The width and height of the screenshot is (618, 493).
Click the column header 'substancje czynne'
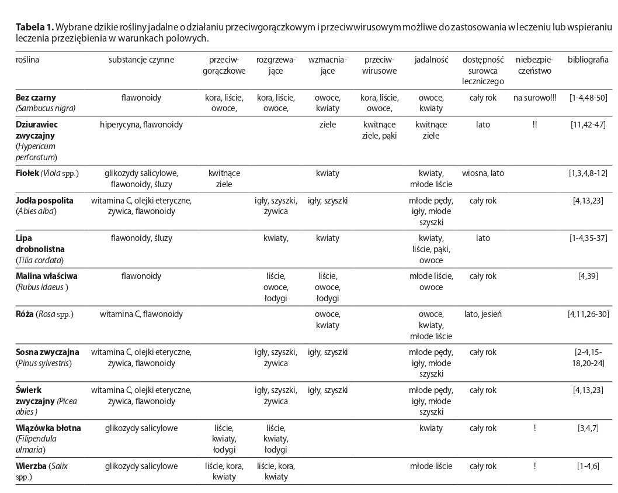click(x=141, y=60)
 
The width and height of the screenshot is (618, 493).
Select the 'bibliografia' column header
click(x=588, y=60)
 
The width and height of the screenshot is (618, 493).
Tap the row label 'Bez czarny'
click(x=36, y=98)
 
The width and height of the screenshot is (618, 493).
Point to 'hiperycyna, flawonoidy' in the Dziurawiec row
click(x=141, y=125)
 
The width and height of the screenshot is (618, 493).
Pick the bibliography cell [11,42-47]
click(x=588, y=125)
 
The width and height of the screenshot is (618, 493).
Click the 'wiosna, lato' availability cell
click(x=482, y=174)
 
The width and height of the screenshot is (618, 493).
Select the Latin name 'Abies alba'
click(x=37, y=211)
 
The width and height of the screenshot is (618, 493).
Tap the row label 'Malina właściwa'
click(x=47, y=276)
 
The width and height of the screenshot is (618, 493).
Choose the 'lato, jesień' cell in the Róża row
click(x=482, y=314)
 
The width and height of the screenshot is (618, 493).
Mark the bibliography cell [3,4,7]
click(x=588, y=428)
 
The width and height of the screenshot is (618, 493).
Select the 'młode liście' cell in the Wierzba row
click(x=431, y=466)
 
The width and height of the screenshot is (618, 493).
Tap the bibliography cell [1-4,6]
click(x=588, y=466)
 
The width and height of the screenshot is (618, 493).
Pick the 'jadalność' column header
click(x=431, y=60)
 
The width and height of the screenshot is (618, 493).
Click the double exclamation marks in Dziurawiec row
click(x=534, y=125)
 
